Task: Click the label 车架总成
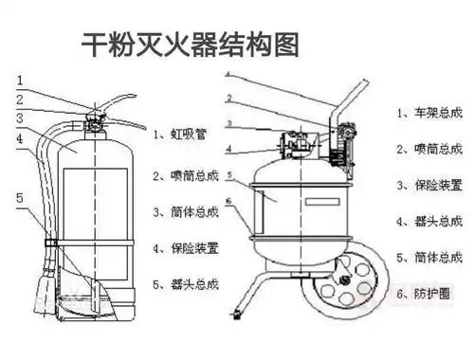(x=430, y=113)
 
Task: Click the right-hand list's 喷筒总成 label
(x=430, y=149)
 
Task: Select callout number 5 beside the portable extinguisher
(x=20, y=197)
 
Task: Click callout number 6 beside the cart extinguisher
(x=228, y=201)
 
